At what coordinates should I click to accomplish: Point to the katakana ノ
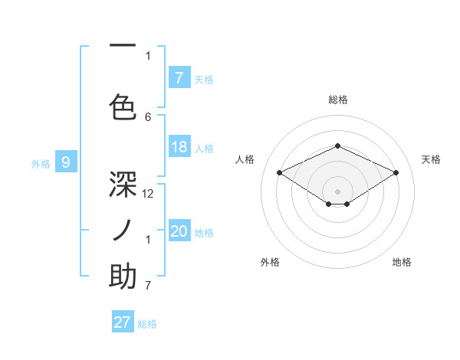pos(123,230)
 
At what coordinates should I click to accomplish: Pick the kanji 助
pos(123,277)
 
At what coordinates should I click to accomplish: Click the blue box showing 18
pos(179,147)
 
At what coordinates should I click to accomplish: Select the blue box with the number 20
pos(179,231)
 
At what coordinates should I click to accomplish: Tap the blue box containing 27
pos(123,322)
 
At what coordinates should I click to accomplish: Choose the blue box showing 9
pos(66,162)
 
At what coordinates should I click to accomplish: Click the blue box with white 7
pos(179,77)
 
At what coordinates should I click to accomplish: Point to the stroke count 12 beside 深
pos(149,194)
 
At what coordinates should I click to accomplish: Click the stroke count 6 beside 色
pos(149,116)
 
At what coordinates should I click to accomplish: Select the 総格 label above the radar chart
pos(337,100)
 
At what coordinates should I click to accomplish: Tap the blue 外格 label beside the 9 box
pos(40,163)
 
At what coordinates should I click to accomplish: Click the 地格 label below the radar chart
pos(402,262)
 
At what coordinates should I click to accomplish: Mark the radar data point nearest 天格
pos(396,173)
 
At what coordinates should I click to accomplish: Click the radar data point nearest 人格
pos(279,173)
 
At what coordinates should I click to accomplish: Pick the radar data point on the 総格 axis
pos(337,146)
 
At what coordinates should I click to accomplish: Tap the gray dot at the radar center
pos(337,190)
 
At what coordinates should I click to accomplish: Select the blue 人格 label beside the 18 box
pos(204,149)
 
